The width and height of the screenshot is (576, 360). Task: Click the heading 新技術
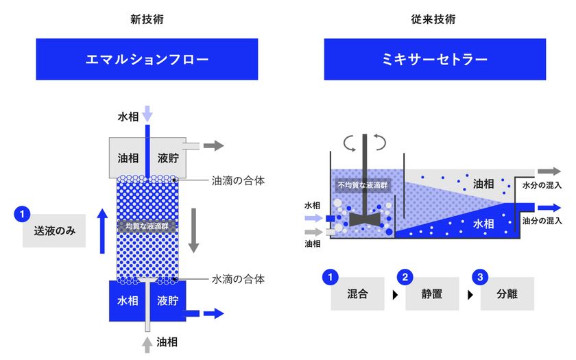click(147, 19)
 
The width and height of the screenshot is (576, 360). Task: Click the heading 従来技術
click(433, 19)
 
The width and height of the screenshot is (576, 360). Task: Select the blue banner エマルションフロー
click(147, 59)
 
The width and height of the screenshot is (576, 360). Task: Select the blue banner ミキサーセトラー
click(435, 59)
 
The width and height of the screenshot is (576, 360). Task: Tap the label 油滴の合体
click(238, 181)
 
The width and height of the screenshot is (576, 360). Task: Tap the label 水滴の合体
click(238, 279)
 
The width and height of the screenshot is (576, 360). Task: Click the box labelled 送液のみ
click(54, 230)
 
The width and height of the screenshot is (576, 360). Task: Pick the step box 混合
click(357, 294)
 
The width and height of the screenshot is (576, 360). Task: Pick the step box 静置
click(432, 294)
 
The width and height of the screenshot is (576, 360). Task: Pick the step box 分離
click(507, 294)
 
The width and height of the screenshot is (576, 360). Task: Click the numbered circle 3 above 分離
click(480, 277)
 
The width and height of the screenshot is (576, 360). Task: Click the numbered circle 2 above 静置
click(405, 277)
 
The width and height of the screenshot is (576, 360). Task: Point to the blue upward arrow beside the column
click(102, 231)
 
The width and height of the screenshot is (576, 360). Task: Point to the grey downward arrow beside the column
click(193, 230)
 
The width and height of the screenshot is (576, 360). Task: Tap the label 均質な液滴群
click(147, 226)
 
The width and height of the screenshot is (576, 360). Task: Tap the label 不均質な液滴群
click(363, 185)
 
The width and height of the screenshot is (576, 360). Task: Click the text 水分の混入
click(542, 185)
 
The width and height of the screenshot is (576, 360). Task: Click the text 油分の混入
click(542, 221)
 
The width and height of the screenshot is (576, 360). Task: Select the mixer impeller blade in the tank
click(364, 219)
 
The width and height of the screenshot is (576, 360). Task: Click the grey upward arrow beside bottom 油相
click(147, 344)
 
